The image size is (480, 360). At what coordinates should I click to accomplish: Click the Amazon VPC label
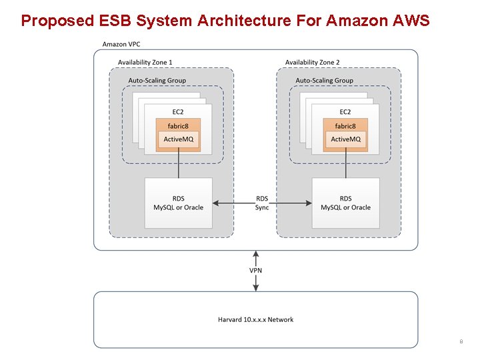[x=121, y=44]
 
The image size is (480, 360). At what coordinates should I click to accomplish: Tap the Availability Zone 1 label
[x=145, y=62]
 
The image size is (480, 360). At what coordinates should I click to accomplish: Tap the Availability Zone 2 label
[x=312, y=62]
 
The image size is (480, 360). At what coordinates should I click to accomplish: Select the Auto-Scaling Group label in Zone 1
[x=157, y=81]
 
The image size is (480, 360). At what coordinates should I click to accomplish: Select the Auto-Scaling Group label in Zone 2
[x=325, y=81]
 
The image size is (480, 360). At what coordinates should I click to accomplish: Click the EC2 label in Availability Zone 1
[x=178, y=112]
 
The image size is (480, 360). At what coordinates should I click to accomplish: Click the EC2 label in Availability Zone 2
[x=345, y=112]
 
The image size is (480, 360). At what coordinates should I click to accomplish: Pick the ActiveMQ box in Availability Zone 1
[x=178, y=139]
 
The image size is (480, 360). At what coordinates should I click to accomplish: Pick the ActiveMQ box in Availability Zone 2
[x=345, y=139]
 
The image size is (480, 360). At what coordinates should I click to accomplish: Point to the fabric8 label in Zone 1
[x=178, y=126]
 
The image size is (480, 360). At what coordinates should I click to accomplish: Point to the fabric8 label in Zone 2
[x=345, y=126]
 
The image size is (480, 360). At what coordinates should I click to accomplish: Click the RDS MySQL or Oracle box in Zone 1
[x=178, y=203]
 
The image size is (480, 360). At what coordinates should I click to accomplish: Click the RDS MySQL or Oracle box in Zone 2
[x=345, y=203]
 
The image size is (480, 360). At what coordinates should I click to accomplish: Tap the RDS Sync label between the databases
[x=262, y=203]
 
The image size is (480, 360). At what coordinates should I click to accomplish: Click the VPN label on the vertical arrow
[x=255, y=271]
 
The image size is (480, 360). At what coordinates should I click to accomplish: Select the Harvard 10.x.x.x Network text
[x=255, y=319]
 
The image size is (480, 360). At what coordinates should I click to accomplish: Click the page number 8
[x=461, y=342]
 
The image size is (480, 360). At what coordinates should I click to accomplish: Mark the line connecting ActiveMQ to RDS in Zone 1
[x=178, y=164]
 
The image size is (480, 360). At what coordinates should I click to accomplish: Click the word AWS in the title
[x=411, y=21]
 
